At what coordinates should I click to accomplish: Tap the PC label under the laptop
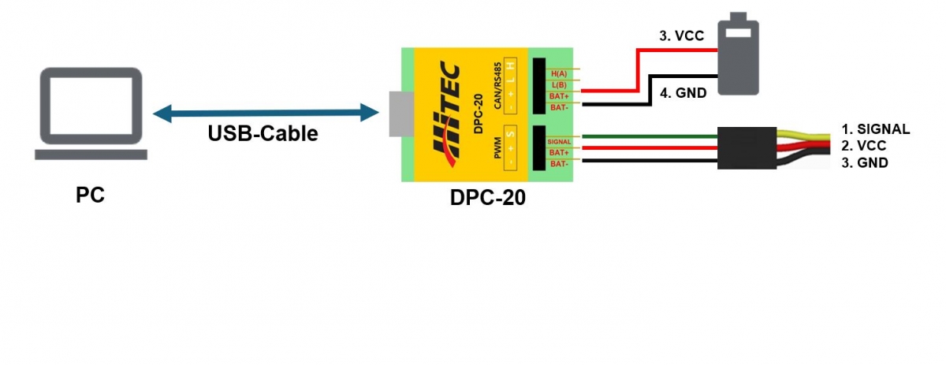point(90,195)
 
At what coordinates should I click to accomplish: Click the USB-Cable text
point(263,133)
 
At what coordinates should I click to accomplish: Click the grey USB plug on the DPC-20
point(400,114)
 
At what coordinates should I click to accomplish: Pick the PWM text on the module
point(497,147)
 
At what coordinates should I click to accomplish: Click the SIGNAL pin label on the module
point(559,141)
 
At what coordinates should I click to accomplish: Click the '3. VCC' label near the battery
point(681,35)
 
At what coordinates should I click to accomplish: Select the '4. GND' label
point(682,92)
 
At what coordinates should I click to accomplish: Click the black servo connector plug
point(746,147)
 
